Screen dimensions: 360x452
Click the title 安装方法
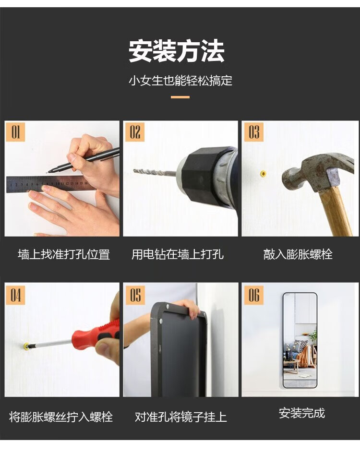click(x=176, y=51)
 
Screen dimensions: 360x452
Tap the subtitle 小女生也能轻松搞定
click(x=180, y=81)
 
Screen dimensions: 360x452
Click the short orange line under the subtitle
click(x=180, y=97)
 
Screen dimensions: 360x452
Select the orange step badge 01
click(x=15, y=132)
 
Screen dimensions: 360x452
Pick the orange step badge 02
click(x=135, y=132)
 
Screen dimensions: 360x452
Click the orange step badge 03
click(x=254, y=132)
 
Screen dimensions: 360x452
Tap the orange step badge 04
click(x=15, y=295)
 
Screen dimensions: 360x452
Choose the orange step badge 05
click(x=135, y=295)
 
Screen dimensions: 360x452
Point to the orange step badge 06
click(x=254, y=295)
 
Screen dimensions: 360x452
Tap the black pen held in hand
click(x=84, y=160)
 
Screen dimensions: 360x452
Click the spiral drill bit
click(x=155, y=173)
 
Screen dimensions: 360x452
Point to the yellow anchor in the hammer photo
click(x=263, y=174)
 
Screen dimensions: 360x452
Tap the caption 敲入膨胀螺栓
click(x=298, y=254)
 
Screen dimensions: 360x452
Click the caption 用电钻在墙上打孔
click(x=178, y=254)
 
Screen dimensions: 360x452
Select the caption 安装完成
click(x=302, y=413)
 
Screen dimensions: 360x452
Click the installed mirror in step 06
click(x=300, y=340)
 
